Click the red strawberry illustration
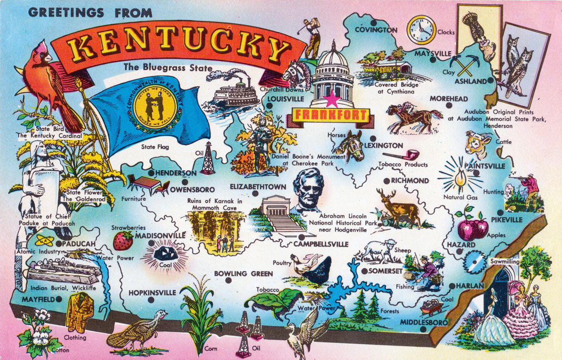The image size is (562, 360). coord(123,240)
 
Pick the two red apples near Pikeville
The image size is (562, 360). coord(473,228)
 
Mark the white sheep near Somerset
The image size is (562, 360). coord(381,250)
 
